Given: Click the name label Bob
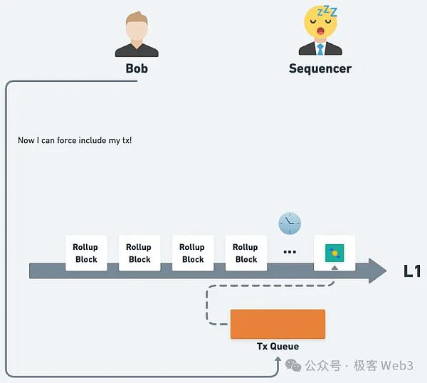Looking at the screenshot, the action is [x=137, y=68].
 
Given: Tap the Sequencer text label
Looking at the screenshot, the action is [x=320, y=68].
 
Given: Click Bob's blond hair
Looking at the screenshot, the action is [x=137, y=19].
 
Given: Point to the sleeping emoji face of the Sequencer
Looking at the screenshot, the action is [x=321, y=22].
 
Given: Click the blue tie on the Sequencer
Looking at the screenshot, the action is [x=320, y=49].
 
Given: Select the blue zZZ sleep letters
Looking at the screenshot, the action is [x=327, y=11].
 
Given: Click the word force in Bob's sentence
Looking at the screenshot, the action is [x=67, y=140].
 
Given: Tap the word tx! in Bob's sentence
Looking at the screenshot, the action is [x=127, y=140].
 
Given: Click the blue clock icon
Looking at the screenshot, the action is [x=290, y=224].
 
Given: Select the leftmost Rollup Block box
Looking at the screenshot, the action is [x=86, y=253].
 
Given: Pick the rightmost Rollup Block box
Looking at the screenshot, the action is [x=246, y=253].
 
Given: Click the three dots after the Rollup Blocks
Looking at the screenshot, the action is [x=290, y=252].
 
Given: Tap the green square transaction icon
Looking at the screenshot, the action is [x=334, y=253].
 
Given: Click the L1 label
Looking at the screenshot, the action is [x=412, y=271].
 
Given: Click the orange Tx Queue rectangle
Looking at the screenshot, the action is [x=278, y=324].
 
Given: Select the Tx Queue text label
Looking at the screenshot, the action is [x=278, y=347].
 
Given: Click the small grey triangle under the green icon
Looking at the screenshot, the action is [x=334, y=268].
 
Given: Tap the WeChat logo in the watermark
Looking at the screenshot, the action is [x=293, y=365].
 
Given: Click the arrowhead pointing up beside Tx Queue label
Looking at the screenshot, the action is [x=278, y=360].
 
